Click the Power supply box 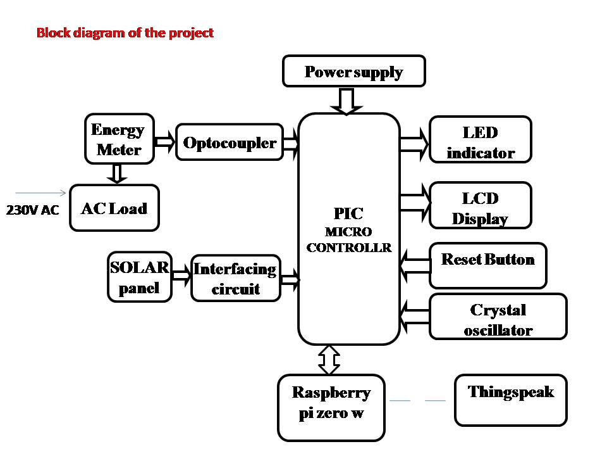(353, 71)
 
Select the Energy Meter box (120, 139)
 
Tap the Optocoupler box (230, 142)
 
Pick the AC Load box (114, 208)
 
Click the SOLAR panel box (140, 277)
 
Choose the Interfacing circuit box (235, 279)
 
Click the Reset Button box (487, 265)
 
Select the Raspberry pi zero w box (331, 408)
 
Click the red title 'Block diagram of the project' (125, 33)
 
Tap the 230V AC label (32, 210)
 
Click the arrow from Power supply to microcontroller (346, 101)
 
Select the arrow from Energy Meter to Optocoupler (165, 141)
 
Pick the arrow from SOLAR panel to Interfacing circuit (181, 275)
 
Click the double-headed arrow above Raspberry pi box (329, 360)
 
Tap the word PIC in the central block (348, 213)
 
